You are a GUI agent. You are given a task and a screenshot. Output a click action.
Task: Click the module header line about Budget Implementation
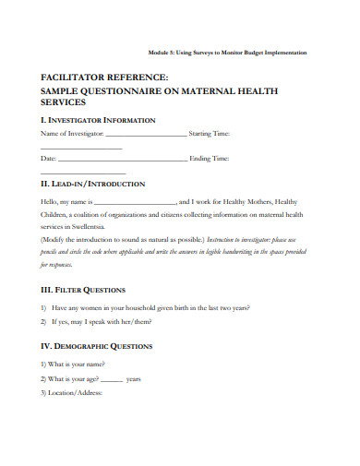232,52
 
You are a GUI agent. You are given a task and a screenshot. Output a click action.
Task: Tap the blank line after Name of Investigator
146,135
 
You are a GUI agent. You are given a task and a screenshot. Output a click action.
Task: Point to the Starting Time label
210,134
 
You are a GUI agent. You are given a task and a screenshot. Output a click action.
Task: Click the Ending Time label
209,159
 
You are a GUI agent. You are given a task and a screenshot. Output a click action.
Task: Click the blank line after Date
120,160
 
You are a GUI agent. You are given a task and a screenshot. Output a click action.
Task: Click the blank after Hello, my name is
136,201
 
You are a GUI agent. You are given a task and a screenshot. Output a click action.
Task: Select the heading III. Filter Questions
89,289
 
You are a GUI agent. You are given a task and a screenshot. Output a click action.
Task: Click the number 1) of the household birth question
44,307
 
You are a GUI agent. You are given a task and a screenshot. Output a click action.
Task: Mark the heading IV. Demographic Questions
103,346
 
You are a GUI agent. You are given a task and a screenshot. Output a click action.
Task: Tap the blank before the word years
111,379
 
